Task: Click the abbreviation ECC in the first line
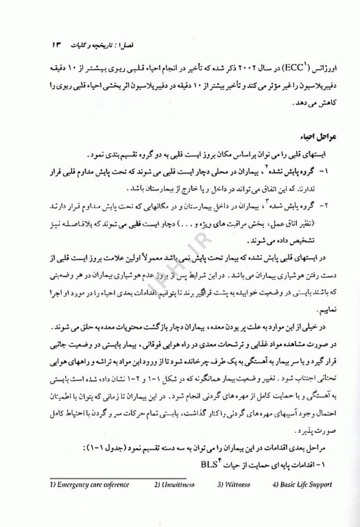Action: (298, 71)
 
